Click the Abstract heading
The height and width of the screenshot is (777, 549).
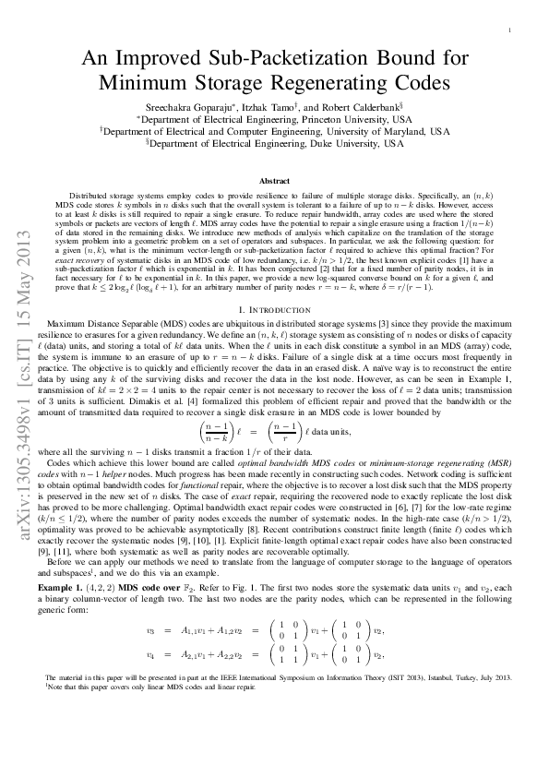click(274, 181)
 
